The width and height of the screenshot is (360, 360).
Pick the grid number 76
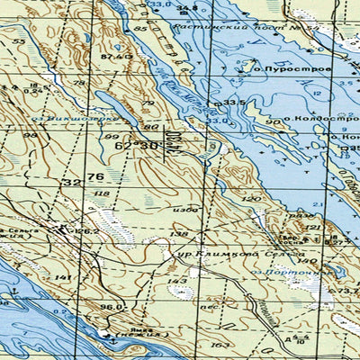point(94,177)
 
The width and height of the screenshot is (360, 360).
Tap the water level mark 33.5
point(235,103)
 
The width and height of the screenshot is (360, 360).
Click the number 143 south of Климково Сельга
point(177,282)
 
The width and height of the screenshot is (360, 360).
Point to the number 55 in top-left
point(19,41)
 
